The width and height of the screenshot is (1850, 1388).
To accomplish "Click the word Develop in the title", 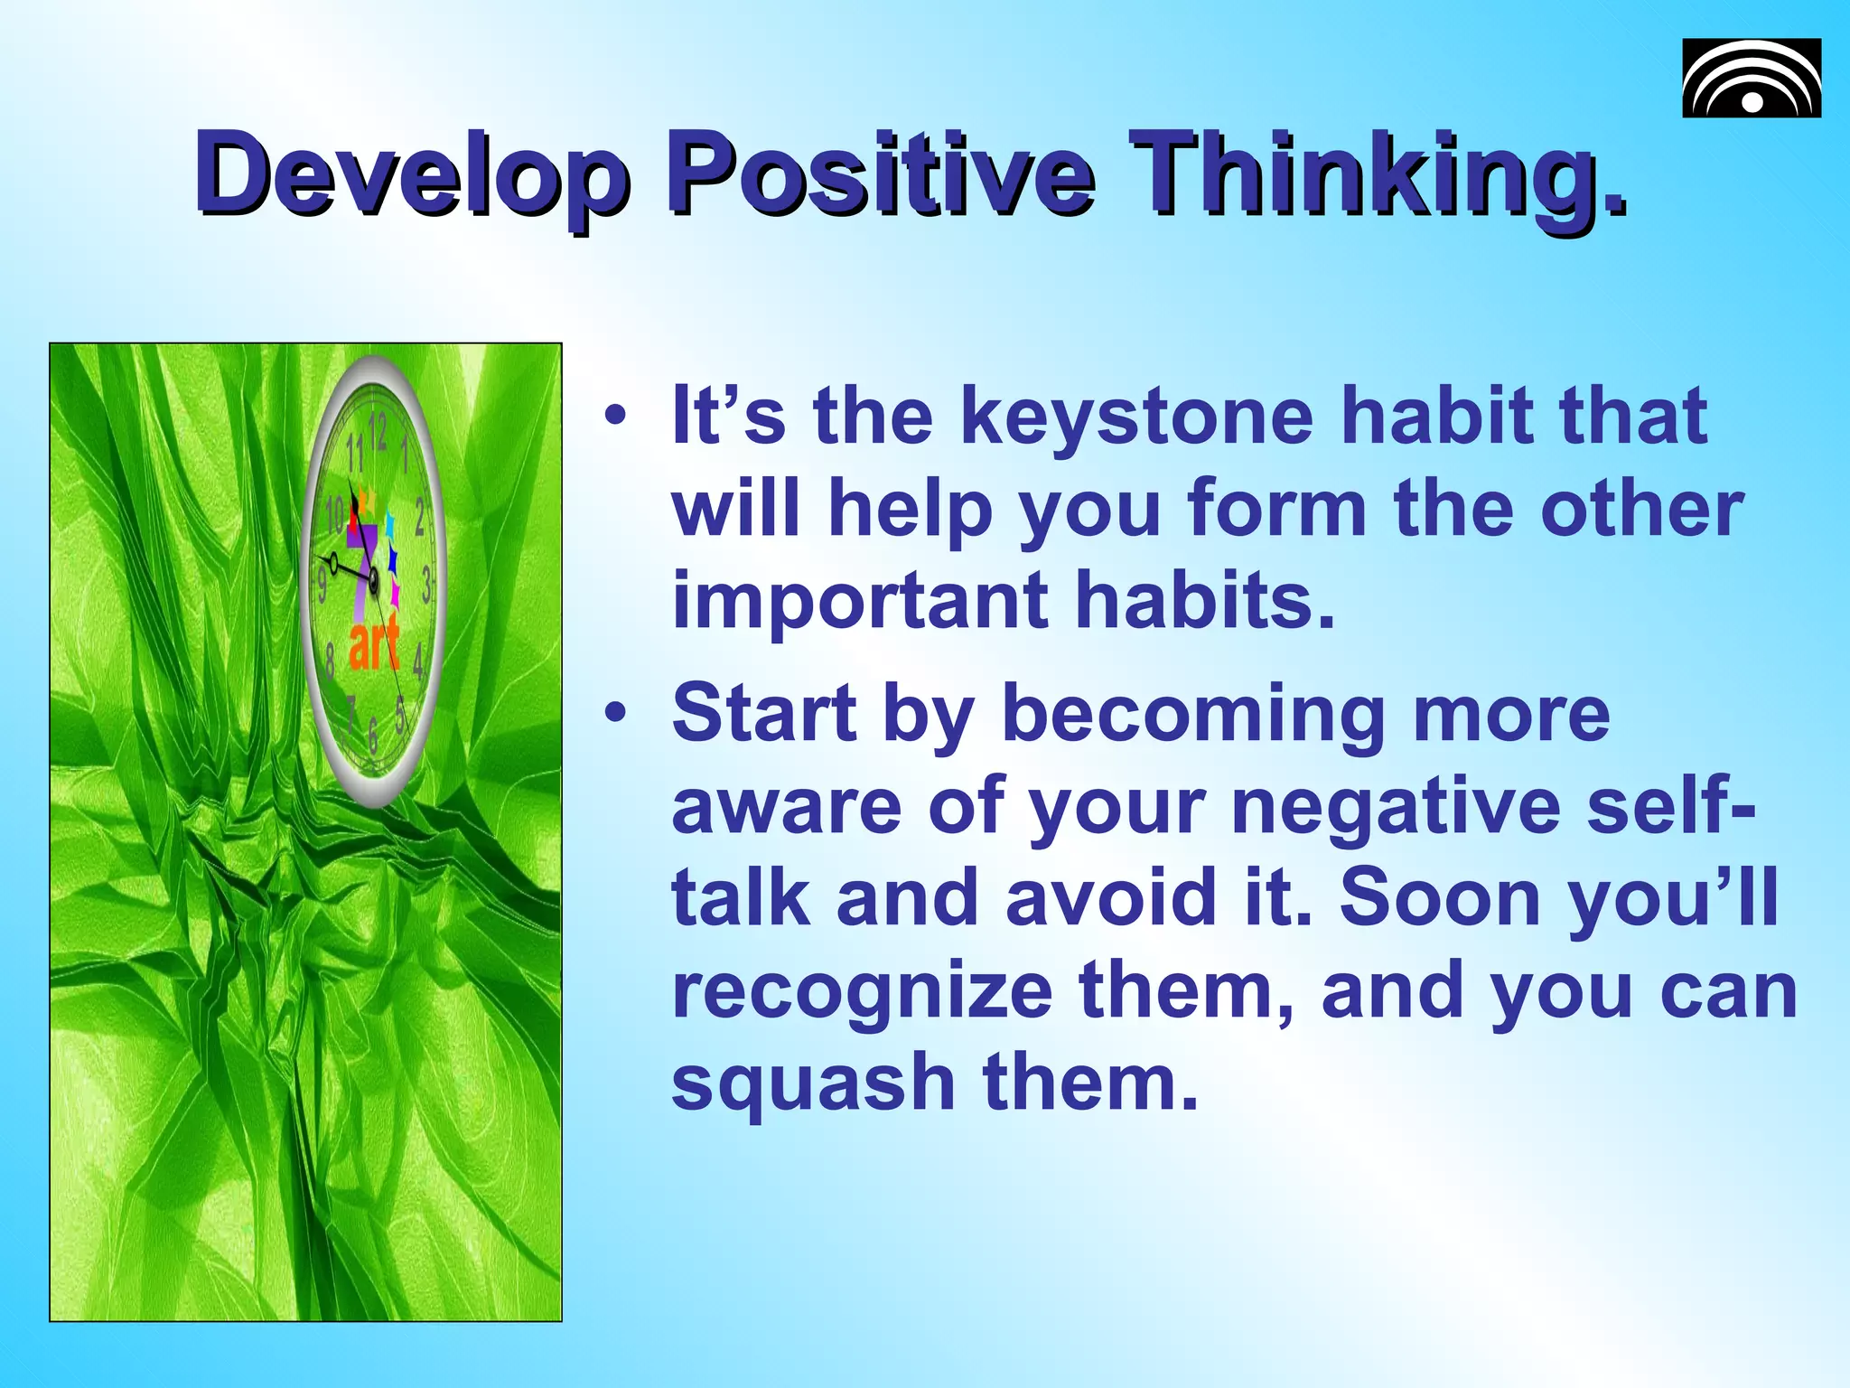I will pos(411,173).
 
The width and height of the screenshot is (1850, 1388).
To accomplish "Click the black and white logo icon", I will pos(1751,79).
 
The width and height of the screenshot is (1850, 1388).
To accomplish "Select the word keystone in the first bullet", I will pos(1137,417).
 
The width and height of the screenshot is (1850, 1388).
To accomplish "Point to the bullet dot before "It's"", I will pos(615,417).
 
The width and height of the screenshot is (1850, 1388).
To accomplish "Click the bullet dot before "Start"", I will pos(615,714).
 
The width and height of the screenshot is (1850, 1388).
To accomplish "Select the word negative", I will pos(1396,807).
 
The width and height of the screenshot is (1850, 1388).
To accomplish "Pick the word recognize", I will pos(862,992).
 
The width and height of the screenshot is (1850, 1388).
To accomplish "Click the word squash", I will pos(813,1084).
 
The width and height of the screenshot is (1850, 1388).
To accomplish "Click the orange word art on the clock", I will pos(374,643).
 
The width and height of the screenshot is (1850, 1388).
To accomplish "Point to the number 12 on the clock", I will pos(378,432).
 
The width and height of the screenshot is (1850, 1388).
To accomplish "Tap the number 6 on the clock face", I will pos(372,734).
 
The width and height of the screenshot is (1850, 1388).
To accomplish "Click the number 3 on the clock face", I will pos(425,586).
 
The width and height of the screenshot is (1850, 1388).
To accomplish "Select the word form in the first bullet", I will pos(1277,509).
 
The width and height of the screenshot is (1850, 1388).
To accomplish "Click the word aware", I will pos(786,807).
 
